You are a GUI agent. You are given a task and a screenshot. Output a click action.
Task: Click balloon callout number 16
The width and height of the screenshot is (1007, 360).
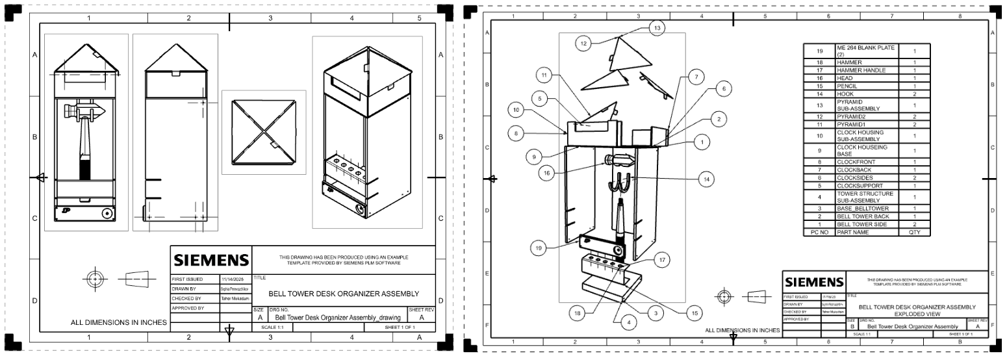point(548,173)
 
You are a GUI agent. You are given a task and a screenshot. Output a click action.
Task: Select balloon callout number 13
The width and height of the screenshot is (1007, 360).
point(657,28)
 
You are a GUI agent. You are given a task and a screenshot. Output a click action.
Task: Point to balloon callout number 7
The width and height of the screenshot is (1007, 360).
point(695,77)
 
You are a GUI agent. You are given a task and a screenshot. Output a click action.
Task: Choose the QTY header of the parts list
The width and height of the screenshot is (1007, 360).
point(914,231)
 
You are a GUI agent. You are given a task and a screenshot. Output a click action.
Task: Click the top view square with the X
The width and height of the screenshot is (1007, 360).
point(263,132)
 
